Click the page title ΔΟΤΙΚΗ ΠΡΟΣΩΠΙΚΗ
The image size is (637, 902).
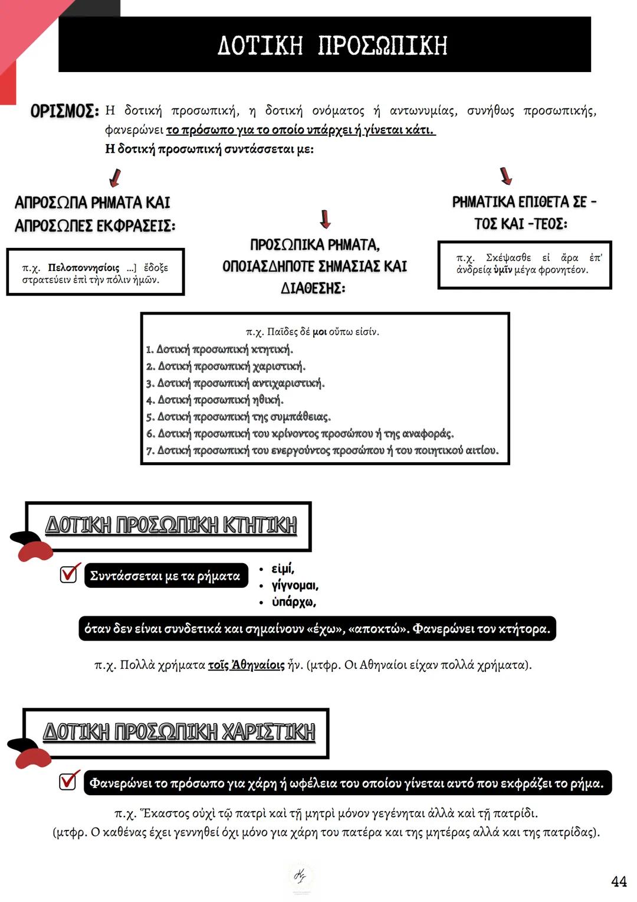[x=332, y=45]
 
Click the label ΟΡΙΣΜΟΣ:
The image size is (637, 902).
[x=64, y=111]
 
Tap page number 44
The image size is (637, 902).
[x=619, y=881]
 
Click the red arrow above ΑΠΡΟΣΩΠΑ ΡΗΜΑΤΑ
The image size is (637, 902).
[x=115, y=177]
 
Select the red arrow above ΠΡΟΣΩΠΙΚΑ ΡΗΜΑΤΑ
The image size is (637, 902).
[x=325, y=219]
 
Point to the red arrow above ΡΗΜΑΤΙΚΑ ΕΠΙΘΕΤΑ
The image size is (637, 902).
[x=505, y=175]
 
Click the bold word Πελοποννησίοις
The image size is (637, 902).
[x=83, y=267]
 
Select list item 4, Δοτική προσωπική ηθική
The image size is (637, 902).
[x=215, y=400]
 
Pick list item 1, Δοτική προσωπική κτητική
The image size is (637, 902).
[x=219, y=349]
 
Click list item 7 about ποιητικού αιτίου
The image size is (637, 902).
[x=322, y=450]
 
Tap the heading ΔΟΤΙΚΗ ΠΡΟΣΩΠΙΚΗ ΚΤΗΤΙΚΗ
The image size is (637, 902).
[x=171, y=525]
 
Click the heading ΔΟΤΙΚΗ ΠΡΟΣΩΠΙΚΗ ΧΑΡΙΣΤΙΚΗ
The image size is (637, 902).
[x=179, y=732]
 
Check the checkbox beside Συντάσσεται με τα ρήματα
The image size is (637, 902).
[x=69, y=574]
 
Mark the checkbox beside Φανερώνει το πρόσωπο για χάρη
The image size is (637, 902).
[x=68, y=781]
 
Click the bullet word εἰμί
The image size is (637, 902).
[x=283, y=568]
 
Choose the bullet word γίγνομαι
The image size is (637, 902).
[x=294, y=585]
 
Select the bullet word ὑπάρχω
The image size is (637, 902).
[x=293, y=602]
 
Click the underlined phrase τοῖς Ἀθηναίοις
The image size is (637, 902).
[x=246, y=665]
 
